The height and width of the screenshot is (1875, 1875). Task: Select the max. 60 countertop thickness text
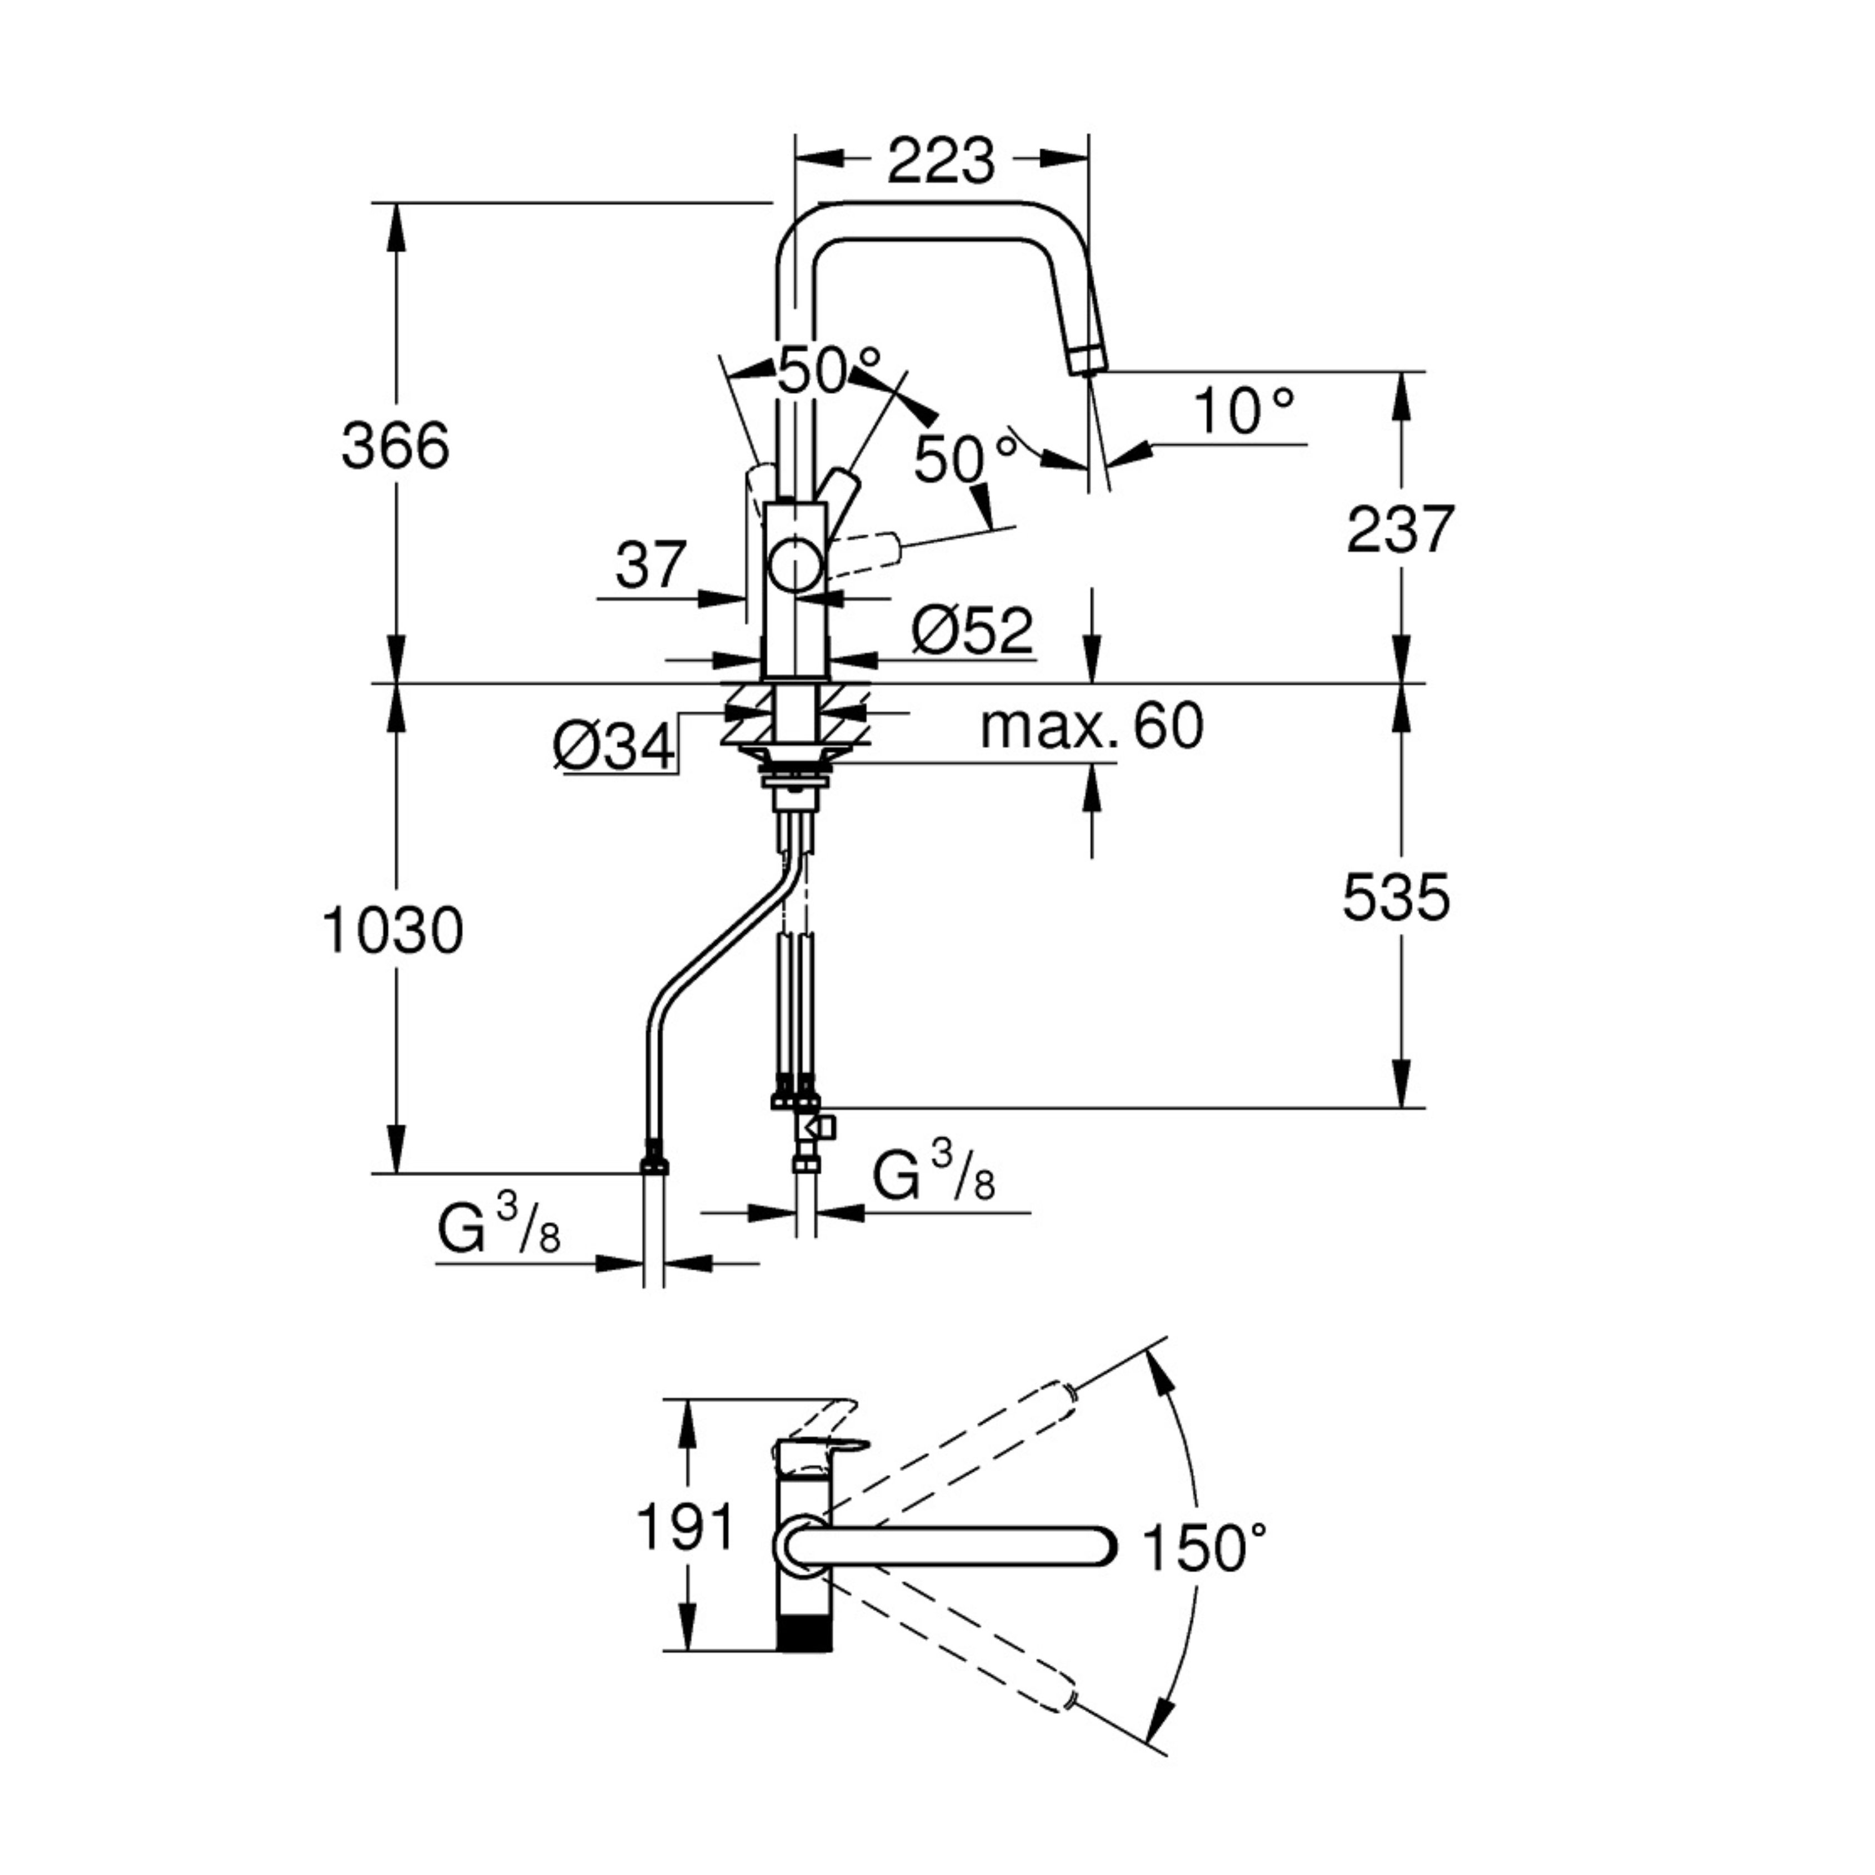click(x=1092, y=726)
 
